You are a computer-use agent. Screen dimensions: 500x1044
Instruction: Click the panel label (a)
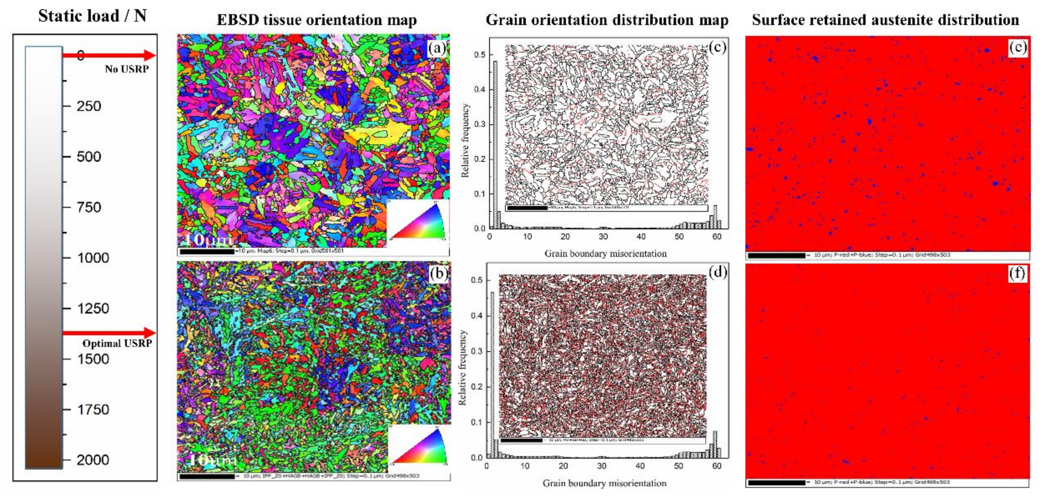pos(437,48)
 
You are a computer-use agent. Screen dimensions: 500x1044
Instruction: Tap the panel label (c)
pos(717,47)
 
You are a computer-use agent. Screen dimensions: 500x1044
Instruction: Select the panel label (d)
pos(717,272)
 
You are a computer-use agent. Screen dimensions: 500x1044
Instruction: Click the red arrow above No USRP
pos(110,55)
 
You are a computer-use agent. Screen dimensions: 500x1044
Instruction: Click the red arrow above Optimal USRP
pos(110,333)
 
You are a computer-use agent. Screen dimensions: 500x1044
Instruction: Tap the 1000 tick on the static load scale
pos(93,258)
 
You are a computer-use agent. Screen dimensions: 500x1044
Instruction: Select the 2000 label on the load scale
pos(93,460)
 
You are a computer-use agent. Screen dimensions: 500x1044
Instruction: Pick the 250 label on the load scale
pos(89,106)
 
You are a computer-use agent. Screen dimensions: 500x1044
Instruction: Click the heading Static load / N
pos(92,16)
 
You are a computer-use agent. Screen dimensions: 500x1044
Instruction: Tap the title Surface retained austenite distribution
pos(885,20)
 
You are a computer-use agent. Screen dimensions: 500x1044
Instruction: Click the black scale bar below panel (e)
pos(776,256)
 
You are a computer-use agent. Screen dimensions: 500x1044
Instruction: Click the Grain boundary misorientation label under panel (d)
pos(604,483)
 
